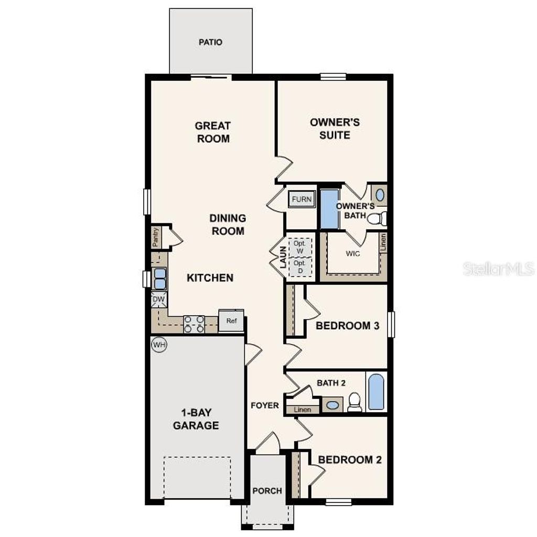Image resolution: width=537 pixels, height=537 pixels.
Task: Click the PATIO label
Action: click(210, 42)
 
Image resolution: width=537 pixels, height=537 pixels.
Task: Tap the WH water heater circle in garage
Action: click(158, 345)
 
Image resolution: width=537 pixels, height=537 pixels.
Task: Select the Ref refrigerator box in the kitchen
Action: click(231, 320)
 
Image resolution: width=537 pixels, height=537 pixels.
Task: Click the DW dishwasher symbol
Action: click(159, 300)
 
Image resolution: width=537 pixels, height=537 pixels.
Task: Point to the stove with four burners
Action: click(194, 324)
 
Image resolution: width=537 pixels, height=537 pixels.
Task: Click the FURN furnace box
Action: click(302, 199)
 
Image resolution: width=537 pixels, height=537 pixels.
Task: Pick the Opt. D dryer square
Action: click(299, 266)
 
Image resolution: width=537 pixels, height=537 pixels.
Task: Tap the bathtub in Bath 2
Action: click(376, 392)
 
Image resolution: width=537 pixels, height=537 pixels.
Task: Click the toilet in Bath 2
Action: click(355, 402)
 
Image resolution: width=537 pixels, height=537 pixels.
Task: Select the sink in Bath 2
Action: click(331, 405)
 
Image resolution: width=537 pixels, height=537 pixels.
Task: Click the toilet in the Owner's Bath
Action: click(377, 219)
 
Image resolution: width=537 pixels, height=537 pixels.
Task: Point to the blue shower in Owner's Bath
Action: click(329, 209)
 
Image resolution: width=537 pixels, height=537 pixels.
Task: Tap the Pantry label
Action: click(156, 237)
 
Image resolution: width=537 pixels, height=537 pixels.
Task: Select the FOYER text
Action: click(264, 405)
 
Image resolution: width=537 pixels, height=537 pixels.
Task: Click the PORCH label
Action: click(267, 491)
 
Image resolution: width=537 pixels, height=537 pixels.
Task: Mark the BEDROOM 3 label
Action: click(347, 326)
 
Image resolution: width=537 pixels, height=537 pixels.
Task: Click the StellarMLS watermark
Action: click(499, 269)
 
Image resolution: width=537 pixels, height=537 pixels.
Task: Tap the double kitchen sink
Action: click(159, 278)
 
